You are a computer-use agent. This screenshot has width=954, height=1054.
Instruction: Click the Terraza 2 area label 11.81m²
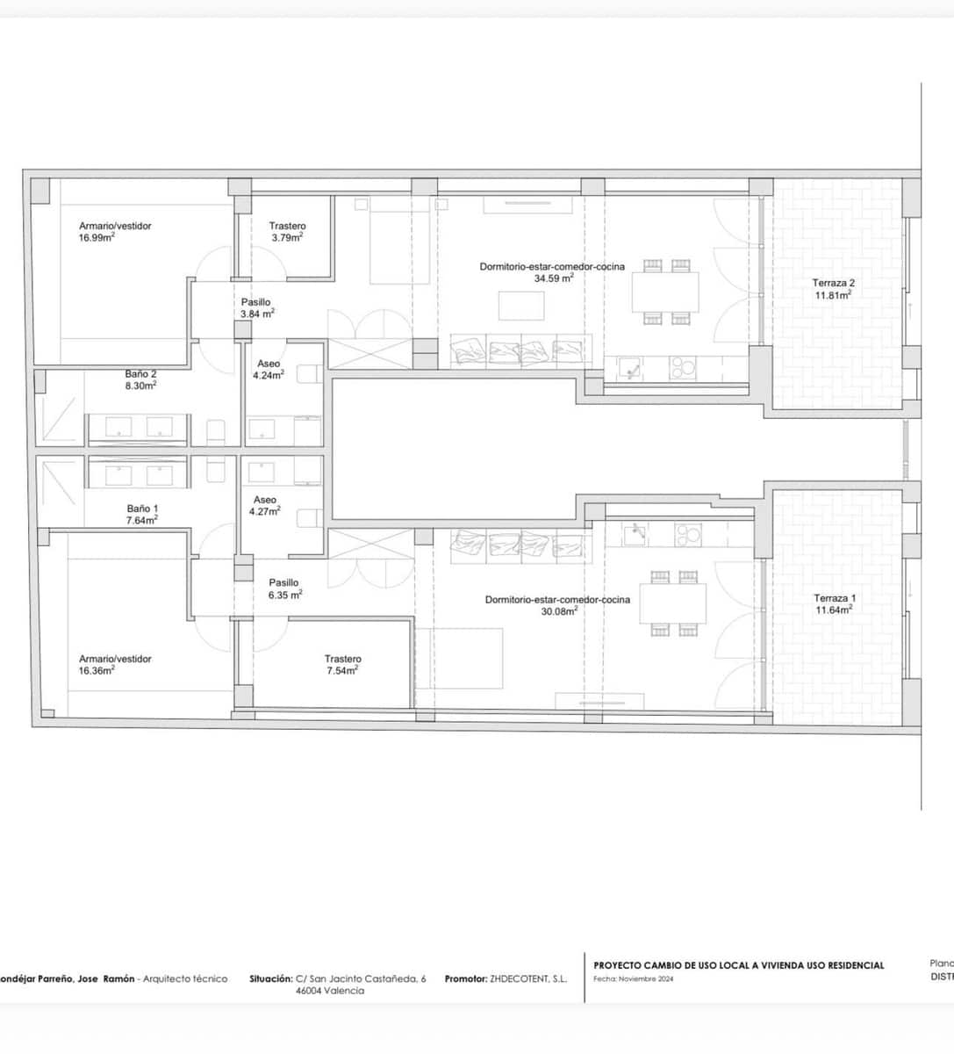[x=832, y=296]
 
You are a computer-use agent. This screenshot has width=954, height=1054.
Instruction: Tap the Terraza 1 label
[x=834, y=598]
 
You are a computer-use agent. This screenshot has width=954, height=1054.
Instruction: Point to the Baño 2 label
[x=140, y=374]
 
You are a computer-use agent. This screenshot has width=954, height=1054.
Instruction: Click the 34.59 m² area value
[x=553, y=278]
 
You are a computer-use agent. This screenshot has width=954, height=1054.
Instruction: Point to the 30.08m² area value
[x=559, y=611]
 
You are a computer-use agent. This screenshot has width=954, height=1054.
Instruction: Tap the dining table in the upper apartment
[x=665, y=292]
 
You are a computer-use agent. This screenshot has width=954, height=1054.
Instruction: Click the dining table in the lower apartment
[x=672, y=603]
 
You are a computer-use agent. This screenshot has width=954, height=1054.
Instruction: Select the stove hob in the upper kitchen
[x=682, y=367]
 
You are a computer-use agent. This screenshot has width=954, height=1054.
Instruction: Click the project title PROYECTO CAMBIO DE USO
[x=738, y=965]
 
